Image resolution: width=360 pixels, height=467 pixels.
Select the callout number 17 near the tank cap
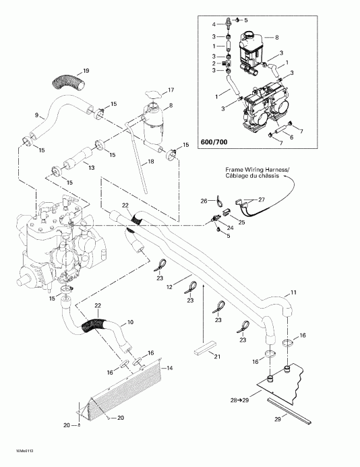pyautogui.click(x=171, y=90)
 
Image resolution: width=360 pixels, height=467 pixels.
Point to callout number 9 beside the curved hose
pyautogui.click(x=36, y=115)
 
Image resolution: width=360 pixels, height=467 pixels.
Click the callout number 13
pyautogui.click(x=92, y=167)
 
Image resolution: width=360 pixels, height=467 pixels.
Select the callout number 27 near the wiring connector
pyautogui.click(x=262, y=199)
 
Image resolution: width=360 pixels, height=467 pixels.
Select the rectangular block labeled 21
pyautogui.click(x=203, y=350)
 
